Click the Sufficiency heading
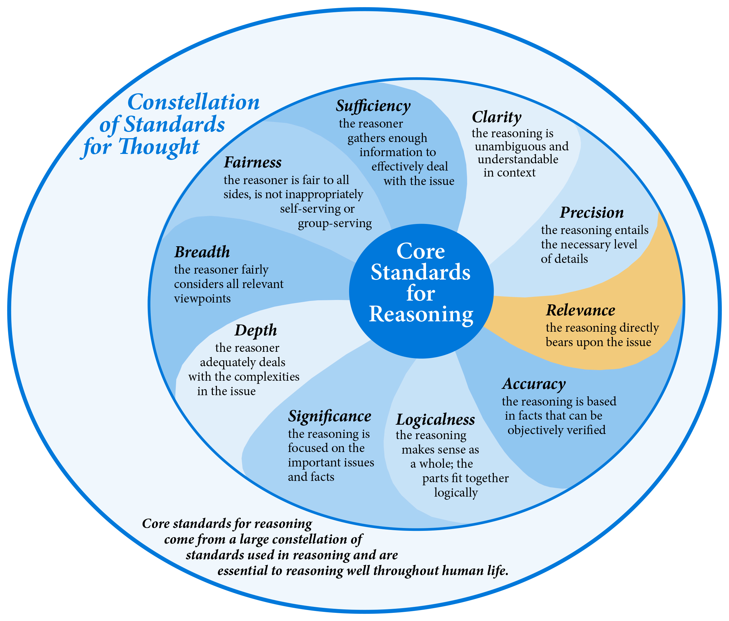click(373, 106)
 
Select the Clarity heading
click(496, 117)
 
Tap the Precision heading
click(592, 213)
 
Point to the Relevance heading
click(580, 310)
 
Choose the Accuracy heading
click(534, 384)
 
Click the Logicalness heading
click(435, 420)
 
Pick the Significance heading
click(330, 417)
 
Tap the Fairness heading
click(253, 162)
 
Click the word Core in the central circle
click(421, 251)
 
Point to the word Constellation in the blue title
click(193, 102)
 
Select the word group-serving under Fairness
click(335, 224)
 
